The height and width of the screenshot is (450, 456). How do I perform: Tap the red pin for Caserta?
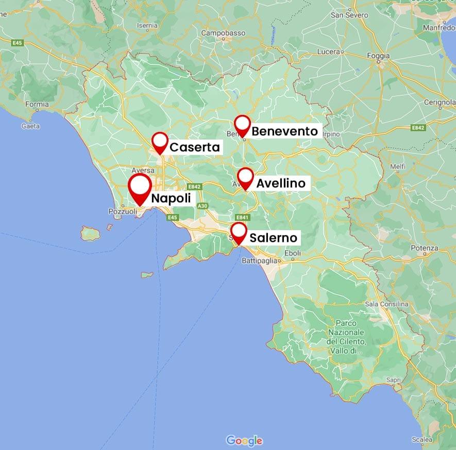[160, 142]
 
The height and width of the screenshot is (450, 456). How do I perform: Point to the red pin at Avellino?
[246, 177]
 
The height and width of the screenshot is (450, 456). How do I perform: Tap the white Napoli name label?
[171, 198]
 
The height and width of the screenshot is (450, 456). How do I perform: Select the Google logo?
[244, 441]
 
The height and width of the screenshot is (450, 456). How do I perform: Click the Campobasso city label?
[223, 33]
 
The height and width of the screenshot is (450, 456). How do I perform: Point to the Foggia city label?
[379, 56]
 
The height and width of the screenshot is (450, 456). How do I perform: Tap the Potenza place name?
[425, 248]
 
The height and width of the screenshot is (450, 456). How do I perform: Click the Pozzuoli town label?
[123, 212]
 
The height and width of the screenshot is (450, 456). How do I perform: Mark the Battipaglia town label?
[260, 261]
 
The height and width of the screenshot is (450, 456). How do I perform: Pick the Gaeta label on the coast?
[31, 126]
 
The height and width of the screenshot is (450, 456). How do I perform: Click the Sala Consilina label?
[386, 304]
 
